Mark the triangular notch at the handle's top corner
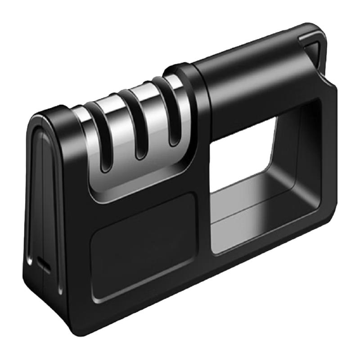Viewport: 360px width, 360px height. [x=315, y=49]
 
